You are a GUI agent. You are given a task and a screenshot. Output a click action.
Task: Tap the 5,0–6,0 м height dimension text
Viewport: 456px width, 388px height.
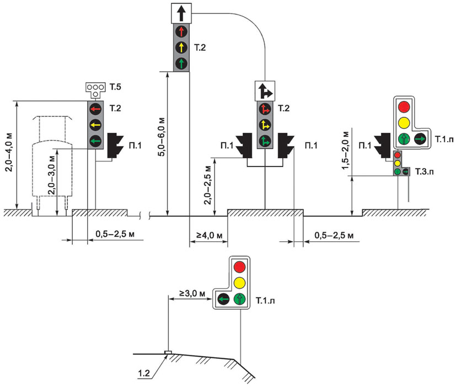coord(160,144)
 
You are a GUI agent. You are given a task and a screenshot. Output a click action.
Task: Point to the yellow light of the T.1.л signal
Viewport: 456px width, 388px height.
coord(239,283)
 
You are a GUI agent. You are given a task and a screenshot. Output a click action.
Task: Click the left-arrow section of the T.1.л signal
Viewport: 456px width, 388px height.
coord(224,300)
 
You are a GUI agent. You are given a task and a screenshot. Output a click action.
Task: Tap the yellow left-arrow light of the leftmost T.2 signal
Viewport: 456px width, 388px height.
coord(96,125)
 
